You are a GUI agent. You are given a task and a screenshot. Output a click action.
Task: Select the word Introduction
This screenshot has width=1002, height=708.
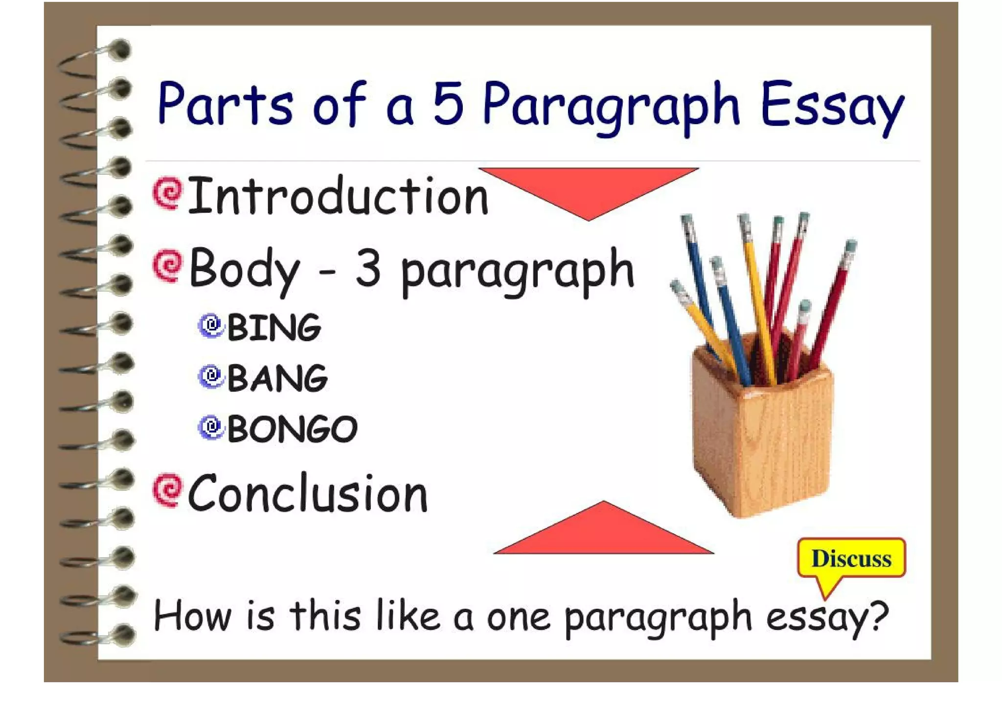(338, 197)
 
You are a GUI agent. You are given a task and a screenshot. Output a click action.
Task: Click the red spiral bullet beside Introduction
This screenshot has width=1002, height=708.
(167, 193)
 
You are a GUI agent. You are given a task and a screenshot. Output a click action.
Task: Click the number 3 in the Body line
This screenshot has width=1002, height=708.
(368, 268)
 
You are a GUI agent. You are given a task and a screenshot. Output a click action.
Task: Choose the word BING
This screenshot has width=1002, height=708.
(274, 327)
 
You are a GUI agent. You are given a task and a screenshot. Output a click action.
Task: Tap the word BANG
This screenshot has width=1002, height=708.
(277, 378)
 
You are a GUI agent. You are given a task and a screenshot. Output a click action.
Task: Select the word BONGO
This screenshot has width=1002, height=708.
(292, 429)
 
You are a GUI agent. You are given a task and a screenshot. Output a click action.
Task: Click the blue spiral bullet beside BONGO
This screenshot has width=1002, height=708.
(211, 427)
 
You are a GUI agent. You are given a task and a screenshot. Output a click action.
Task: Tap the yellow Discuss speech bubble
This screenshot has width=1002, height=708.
(851, 559)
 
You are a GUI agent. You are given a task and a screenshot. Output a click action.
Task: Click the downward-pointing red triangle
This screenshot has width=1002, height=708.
(589, 188)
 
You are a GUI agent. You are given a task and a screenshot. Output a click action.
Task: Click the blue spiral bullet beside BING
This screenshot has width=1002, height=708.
(211, 325)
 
